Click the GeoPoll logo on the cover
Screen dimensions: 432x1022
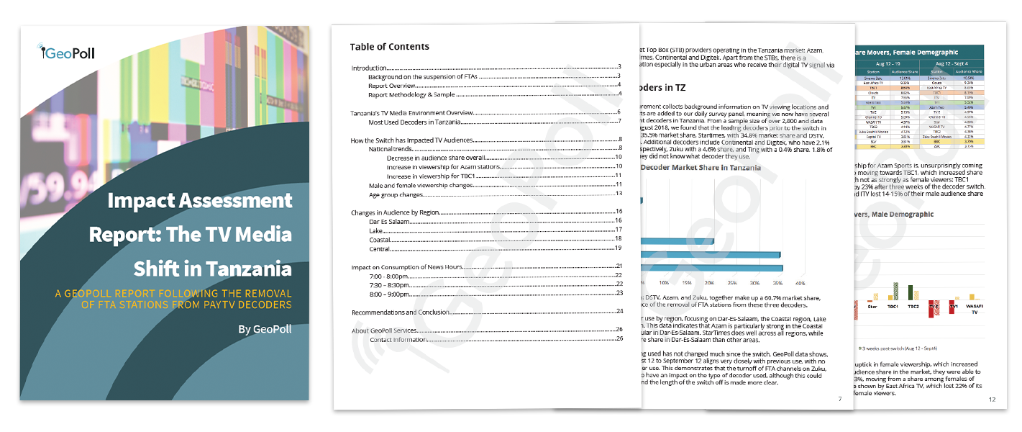(68, 52)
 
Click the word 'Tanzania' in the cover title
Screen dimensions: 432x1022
(249, 269)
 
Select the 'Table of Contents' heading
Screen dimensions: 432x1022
(389, 47)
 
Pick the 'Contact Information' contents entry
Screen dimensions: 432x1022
(397, 339)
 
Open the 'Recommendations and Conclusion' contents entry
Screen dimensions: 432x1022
(400, 312)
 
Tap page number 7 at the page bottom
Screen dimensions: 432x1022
(840, 399)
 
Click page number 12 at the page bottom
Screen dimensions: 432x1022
(992, 400)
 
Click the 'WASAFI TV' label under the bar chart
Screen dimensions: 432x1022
(974, 309)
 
